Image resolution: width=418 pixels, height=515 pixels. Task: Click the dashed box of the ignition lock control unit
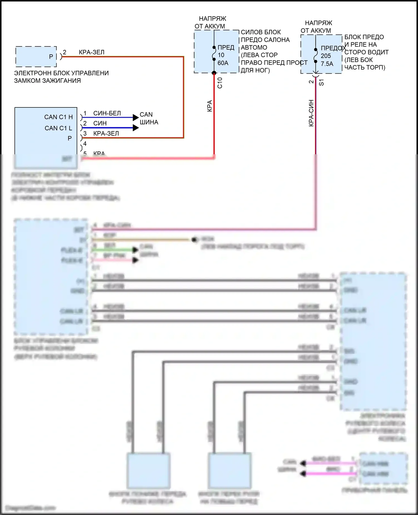coord(36,57)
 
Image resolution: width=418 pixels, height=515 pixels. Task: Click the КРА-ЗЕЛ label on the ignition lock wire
coord(91,52)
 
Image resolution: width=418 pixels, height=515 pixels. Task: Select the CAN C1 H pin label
coord(58,117)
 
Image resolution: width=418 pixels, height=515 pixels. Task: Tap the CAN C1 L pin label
coord(58,128)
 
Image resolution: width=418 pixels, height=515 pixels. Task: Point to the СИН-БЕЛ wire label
coord(107,113)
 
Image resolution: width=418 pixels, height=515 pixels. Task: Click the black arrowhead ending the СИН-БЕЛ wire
coord(136,117)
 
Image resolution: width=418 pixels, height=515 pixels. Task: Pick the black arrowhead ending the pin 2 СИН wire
coord(136,128)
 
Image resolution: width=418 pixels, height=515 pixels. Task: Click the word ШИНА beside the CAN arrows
coord(149,122)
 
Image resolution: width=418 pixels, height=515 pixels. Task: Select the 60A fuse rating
coord(223,63)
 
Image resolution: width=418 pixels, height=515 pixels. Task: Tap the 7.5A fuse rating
coord(327,64)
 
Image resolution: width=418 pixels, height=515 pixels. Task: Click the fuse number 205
coord(326,56)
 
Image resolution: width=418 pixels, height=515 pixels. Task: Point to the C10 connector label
coord(220,83)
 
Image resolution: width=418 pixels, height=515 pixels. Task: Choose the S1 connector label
coord(321,82)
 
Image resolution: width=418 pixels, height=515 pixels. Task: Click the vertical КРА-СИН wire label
coord(311,113)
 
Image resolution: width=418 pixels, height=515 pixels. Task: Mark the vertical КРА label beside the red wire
coord(210,106)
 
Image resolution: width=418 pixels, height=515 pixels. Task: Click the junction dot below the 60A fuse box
coord(214,73)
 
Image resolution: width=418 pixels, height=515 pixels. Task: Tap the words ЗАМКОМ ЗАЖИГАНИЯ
coord(47,81)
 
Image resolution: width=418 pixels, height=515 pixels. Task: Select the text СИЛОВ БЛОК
coord(261,32)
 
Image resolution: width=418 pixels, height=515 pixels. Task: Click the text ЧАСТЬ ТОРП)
coord(365,68)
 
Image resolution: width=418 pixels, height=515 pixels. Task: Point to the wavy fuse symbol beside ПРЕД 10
coord(214,53)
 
